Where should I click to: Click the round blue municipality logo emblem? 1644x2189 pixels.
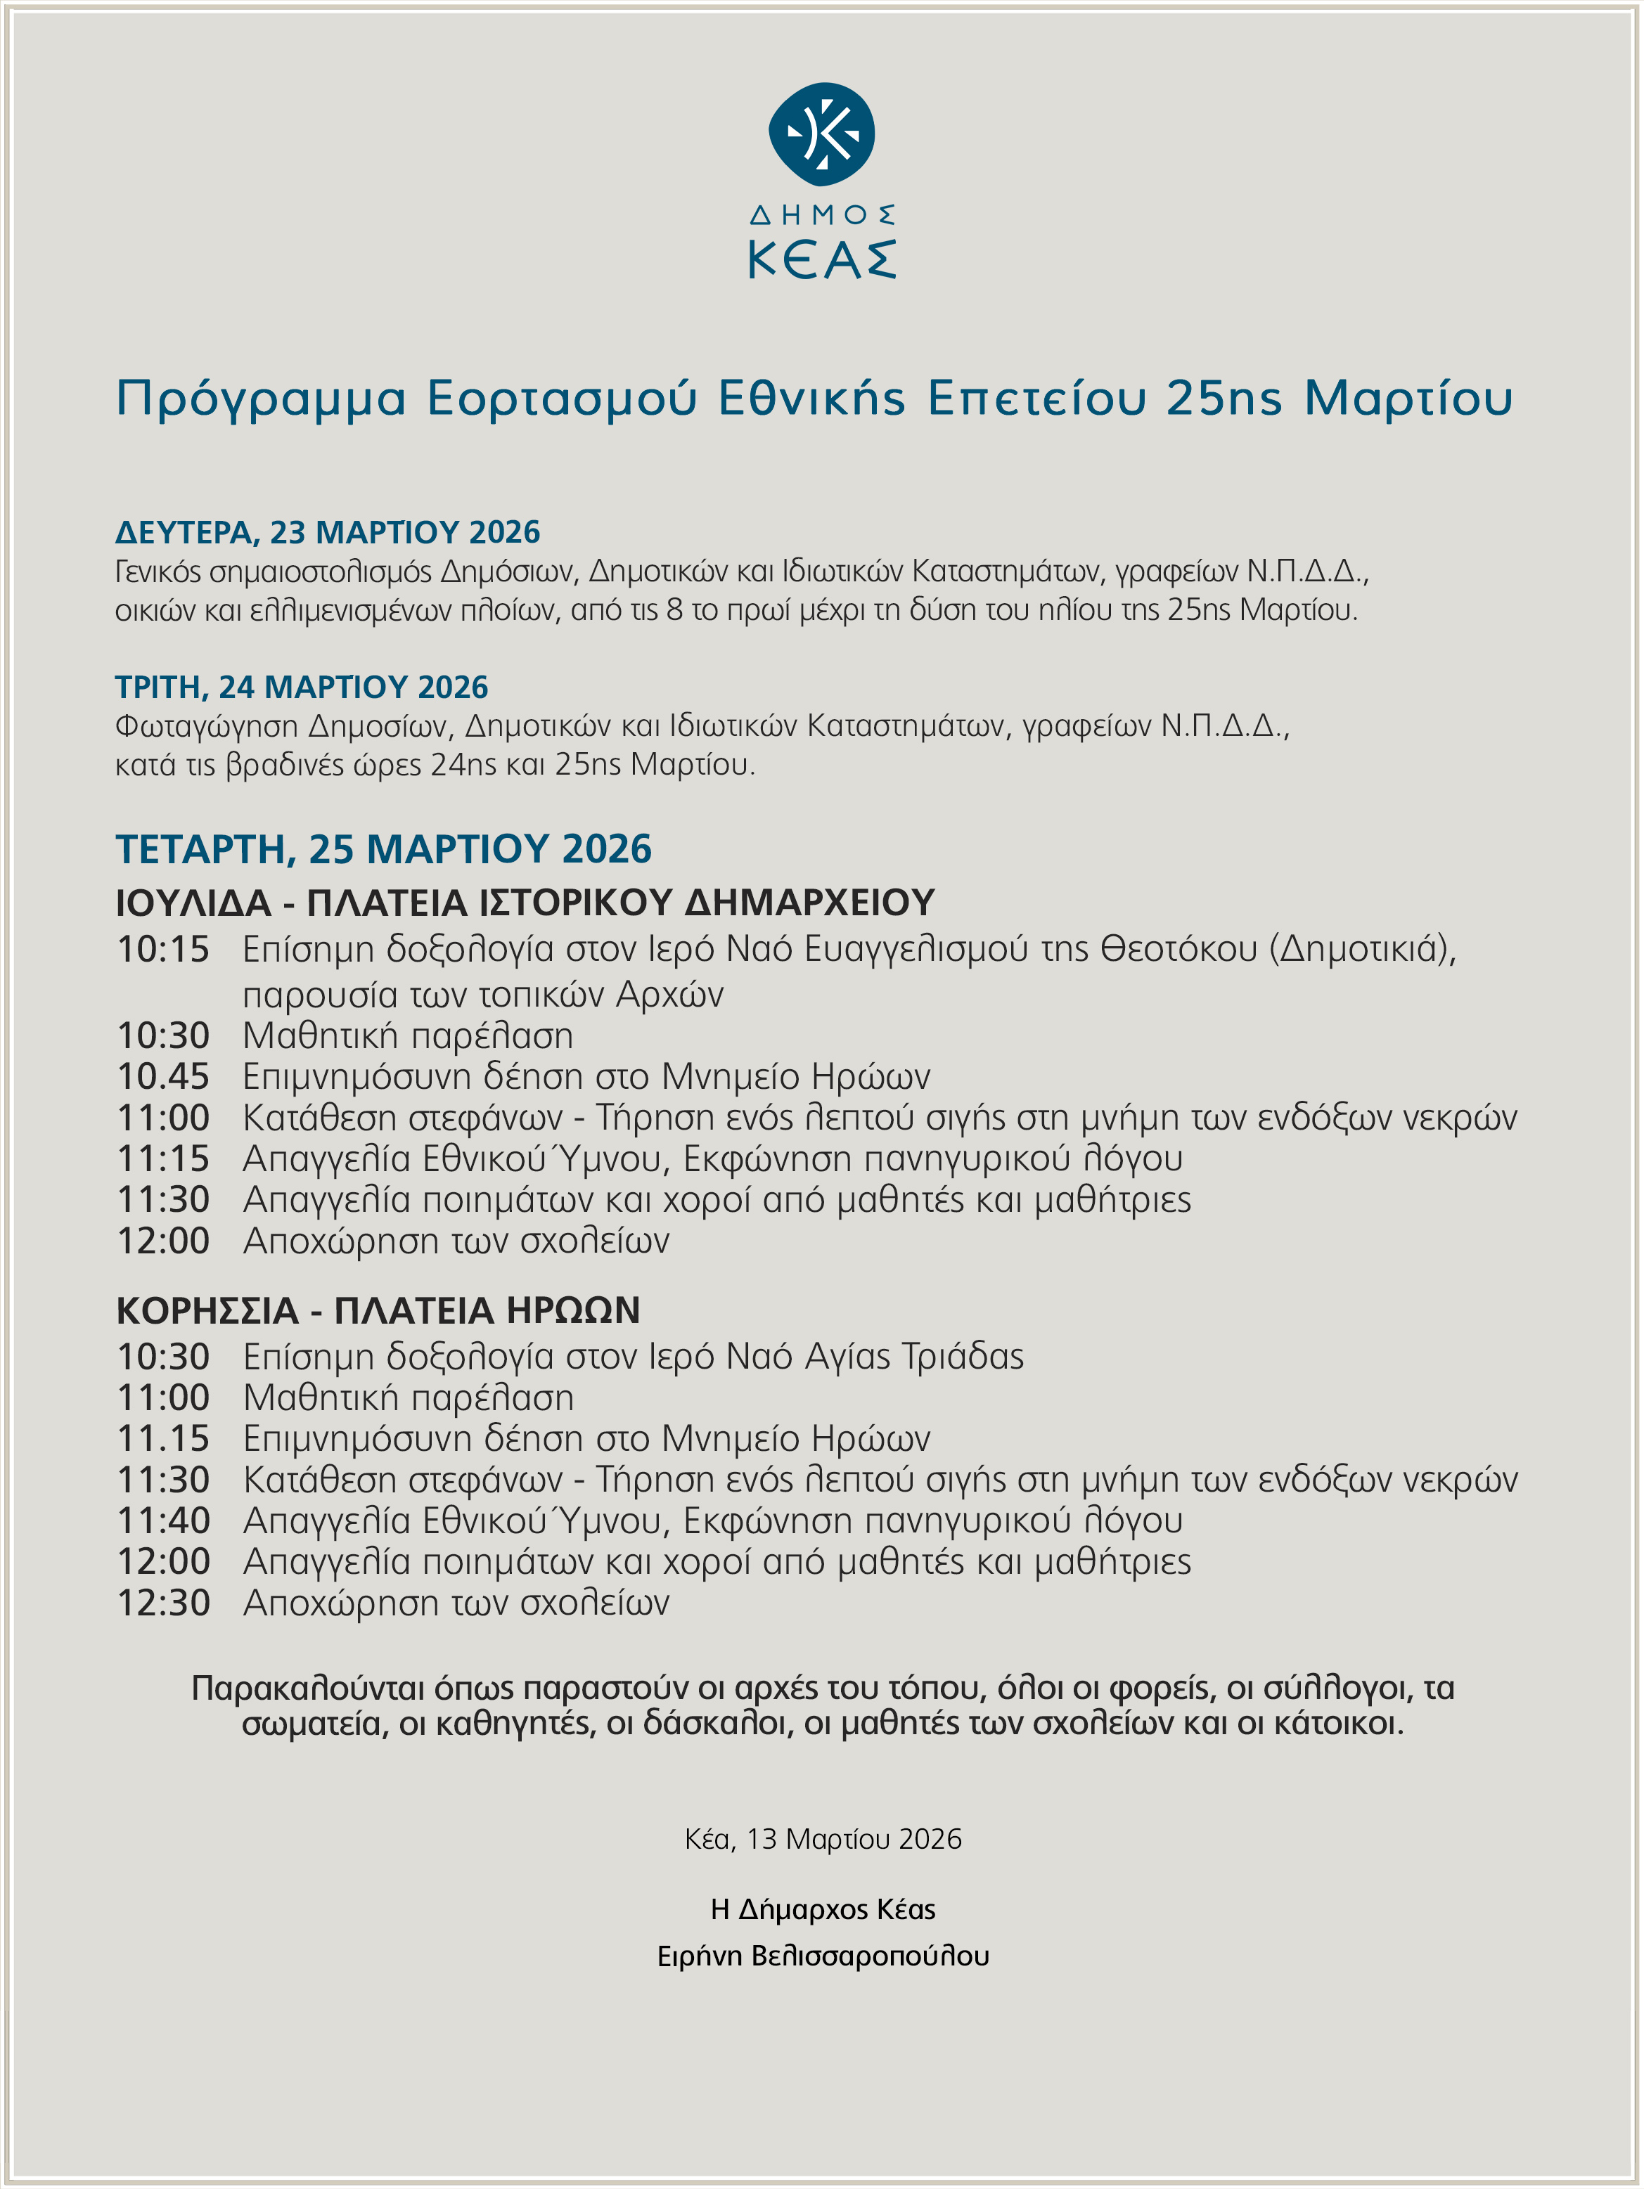pos(821,134)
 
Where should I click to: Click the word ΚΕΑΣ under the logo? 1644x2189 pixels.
pos(821,259)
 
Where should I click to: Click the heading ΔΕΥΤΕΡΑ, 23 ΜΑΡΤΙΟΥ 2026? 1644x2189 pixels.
pos(328,532)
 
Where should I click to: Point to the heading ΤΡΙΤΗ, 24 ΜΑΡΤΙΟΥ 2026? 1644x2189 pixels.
pos(302,687)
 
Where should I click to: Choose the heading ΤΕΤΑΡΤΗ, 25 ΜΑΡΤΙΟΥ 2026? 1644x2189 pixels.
pos(384,849)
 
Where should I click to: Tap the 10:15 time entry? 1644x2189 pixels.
pos(163,950)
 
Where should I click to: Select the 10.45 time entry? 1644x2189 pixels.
pos(163,1077)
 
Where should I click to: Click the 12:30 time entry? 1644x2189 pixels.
pos(163,1603)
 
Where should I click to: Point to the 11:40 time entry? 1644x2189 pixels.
pos(163,1521)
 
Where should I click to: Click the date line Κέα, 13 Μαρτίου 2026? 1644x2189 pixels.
pos(823,1840)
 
